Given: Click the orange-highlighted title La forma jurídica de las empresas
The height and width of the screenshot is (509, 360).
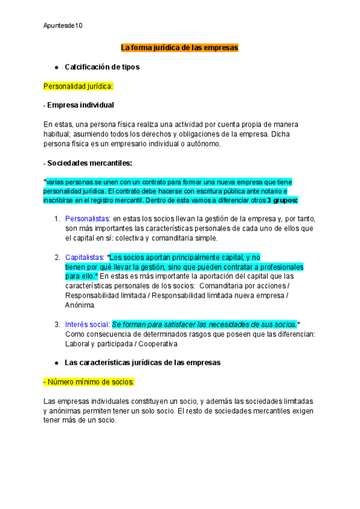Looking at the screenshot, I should (x=180, y=47).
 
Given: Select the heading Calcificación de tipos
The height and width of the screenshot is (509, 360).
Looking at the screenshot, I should (x=101, y=67).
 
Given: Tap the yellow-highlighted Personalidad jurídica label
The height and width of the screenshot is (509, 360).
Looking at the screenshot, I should (x=78, y=86).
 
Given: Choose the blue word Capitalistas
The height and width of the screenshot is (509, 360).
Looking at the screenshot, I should (x=85, y=257).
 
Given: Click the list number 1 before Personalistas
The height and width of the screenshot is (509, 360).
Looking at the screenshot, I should (x=57, y=218).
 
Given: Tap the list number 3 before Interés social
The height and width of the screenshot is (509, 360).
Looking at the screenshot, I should (x=57, y=324).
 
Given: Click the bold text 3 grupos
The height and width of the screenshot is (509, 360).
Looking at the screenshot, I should (x=283, y=200).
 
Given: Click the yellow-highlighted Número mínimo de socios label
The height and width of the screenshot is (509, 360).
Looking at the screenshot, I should (x=89, y=382).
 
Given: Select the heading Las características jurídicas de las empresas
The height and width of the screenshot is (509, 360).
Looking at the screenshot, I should (x=142, y=363).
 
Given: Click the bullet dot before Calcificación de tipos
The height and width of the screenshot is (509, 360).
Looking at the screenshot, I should (x=56, y=67).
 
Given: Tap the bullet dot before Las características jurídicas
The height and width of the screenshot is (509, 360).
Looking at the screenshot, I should (x=56, y=363).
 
